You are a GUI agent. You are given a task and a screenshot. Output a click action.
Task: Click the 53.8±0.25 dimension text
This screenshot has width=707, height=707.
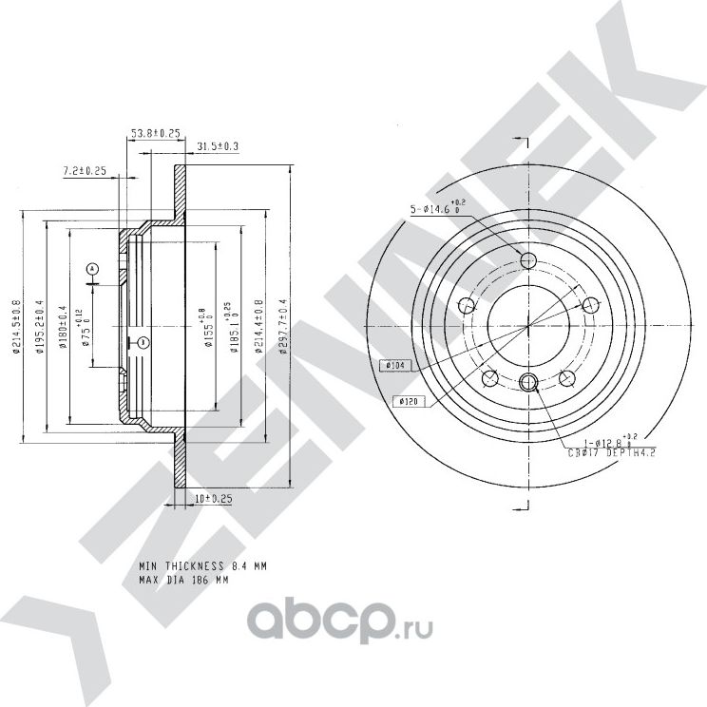[156, 135]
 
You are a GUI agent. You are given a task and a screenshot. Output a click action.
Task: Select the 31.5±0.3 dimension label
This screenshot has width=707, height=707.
[218, 145]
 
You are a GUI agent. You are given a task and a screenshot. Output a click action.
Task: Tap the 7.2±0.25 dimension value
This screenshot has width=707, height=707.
[84, 171]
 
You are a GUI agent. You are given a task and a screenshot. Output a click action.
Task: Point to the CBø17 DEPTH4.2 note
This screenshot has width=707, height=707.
[602, 454]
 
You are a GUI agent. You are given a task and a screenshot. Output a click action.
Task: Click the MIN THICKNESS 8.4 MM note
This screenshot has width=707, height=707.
[202, 565]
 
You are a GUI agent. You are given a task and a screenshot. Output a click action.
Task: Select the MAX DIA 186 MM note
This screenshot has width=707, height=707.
[184, 579]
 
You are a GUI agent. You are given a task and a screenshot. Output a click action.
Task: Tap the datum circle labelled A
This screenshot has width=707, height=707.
[92, 269]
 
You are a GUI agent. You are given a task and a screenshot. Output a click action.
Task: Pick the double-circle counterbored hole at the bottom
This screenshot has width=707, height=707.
[530, 383]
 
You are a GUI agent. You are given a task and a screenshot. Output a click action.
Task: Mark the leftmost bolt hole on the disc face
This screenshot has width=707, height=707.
[467, 306]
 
